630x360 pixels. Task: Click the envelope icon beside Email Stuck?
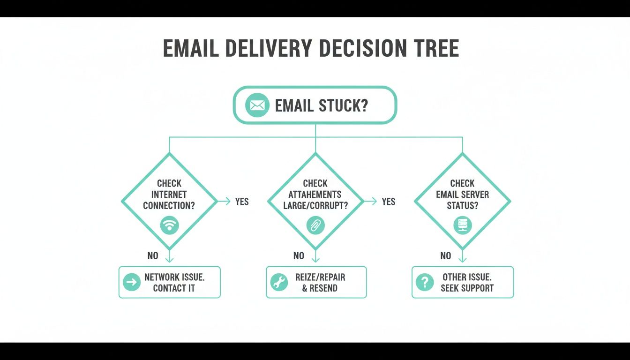(x=257, y=105)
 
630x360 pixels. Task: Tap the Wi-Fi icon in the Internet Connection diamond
(x=169, y=225)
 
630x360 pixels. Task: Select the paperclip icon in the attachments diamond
(x=315, y=225)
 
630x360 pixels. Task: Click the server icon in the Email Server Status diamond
(x=462, y=225)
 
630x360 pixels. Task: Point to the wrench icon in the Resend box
(x=279, y=282)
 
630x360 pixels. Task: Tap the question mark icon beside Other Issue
(x=425, y=282)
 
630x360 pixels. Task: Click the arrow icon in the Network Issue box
(x=132, y=282)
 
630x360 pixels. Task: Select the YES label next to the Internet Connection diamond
(x=242, y=202)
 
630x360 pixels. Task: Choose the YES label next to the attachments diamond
(x=389, y=202)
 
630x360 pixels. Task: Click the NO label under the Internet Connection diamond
(x=153, y=256)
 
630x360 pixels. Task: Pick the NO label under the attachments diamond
(x=299, y=256)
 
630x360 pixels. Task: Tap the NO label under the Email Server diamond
(x=446, y=256)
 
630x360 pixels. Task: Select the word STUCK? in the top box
(x=343, y=105)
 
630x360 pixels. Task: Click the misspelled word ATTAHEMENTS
(x=315, y=195)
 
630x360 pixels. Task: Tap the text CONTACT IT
(x=174, y=288)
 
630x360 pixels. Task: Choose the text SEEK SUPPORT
(x=467, y=288)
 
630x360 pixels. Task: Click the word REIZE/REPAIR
(x=320, y=277)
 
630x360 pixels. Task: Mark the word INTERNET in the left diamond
(x=169, y=195)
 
